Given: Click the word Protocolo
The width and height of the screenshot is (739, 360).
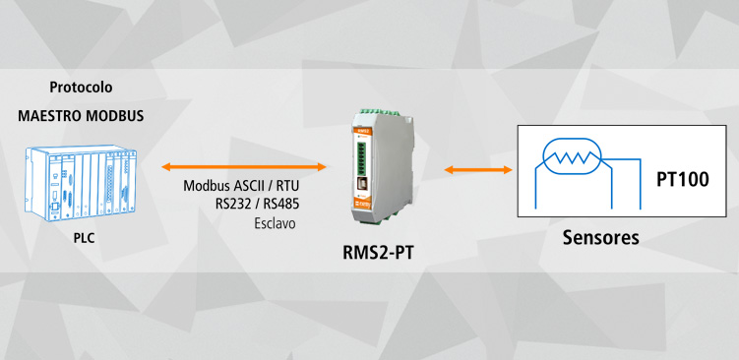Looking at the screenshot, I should pos(82,88).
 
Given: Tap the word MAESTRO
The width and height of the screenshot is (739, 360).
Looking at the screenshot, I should pos(49,116).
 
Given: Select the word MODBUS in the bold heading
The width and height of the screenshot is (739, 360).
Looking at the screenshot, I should pos(113,116).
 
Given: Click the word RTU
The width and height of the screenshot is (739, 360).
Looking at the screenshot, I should pos(287,186).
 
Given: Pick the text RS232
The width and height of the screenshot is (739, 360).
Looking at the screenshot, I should pos(235,205).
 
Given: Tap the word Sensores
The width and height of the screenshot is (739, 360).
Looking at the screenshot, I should pos(600,238).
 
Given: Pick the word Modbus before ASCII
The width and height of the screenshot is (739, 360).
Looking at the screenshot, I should pos(205,186).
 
